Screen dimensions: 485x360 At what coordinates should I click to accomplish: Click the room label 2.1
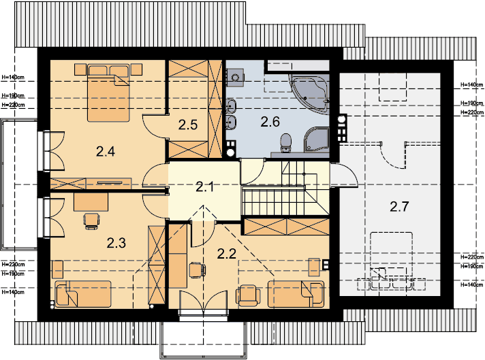point(204,186)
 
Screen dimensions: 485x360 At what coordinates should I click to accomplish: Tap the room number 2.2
point(226,254)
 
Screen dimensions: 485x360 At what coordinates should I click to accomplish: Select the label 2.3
point(116,243)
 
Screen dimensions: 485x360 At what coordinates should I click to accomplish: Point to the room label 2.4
point(106,151)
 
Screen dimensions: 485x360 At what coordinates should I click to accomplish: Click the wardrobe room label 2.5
point(188,125)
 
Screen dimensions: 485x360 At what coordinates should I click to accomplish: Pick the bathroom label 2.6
point(270,122)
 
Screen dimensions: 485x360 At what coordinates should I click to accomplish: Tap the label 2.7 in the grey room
point(399,206)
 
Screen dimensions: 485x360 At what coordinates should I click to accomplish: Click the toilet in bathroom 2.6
point(285,142)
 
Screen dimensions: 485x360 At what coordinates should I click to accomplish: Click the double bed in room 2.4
point(108,93)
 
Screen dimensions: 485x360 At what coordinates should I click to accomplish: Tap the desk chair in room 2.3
point(91,221)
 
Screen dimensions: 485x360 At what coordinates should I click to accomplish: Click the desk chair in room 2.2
point(197,270)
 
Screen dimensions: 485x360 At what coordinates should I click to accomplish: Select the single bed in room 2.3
point(83,294)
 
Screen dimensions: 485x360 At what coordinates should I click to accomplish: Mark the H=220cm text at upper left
point(13,105)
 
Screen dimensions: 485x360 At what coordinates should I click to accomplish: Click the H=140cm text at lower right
point(472,284)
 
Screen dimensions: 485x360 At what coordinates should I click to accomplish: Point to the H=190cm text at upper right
point(472,103)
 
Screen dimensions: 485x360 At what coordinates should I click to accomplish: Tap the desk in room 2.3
point(91,202)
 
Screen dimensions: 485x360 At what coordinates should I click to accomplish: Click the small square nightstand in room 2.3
point(57,269)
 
